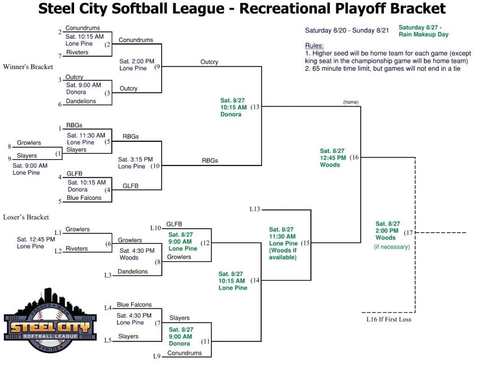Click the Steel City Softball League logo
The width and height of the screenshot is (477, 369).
click(50, 320)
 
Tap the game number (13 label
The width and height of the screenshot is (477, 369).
click(255, 107)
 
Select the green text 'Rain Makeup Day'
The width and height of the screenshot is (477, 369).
click(423, 35)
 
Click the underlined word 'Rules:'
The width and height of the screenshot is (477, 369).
click(314, 46)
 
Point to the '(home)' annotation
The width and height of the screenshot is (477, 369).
click(350, 102)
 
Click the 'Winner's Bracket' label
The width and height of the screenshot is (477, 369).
click(28, 67)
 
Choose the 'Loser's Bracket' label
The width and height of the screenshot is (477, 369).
click(26, 217)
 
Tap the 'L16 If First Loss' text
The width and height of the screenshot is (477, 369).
click(389, 320)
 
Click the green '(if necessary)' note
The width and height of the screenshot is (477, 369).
click(392, 247)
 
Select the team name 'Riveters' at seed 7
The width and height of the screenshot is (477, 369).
click(77, 52)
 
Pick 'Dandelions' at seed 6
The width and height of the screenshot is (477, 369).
click(81, 101)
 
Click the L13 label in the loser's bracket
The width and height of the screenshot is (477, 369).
click(255, 209)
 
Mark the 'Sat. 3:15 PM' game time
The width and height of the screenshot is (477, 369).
click(136, 160)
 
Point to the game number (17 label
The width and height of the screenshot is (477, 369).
click(408, 233)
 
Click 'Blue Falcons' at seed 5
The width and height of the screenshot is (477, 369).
click(84, 198)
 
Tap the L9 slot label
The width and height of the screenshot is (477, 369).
click(157, 356)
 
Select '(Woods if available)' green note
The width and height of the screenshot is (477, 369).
click(283, 254)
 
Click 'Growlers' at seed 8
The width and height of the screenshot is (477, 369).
click(29, 143)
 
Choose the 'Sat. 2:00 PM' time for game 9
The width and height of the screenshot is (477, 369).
click(137, 61)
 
